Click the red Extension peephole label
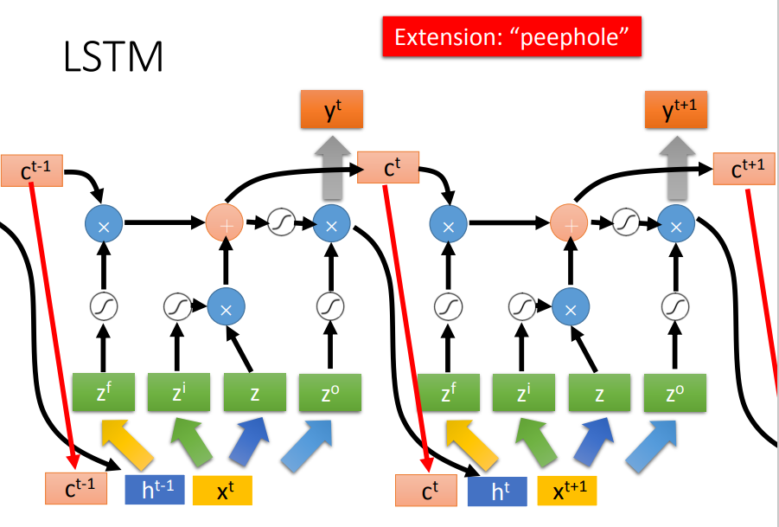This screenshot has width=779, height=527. coord(511,37)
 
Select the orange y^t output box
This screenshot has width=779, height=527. coord(331,111)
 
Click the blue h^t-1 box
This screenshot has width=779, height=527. coord(155,490)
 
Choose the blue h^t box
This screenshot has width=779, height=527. coord(497,491)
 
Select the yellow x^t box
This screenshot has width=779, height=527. coord(222,490)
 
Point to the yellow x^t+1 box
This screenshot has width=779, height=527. coord(567,491)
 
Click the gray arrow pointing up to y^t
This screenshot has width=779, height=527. coord(331,169)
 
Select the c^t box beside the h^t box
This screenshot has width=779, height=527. coord(426,491)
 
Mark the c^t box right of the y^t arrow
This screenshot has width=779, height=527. coord(388,169)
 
